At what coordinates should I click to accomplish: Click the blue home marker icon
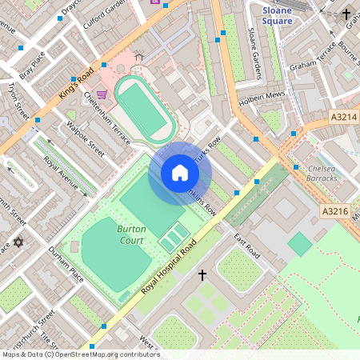(x=180, y=173)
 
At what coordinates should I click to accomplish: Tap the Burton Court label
(x=131, y=234)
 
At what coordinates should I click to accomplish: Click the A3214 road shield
(x=345, y=117)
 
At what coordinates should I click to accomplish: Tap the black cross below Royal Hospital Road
(x=202, y=275)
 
